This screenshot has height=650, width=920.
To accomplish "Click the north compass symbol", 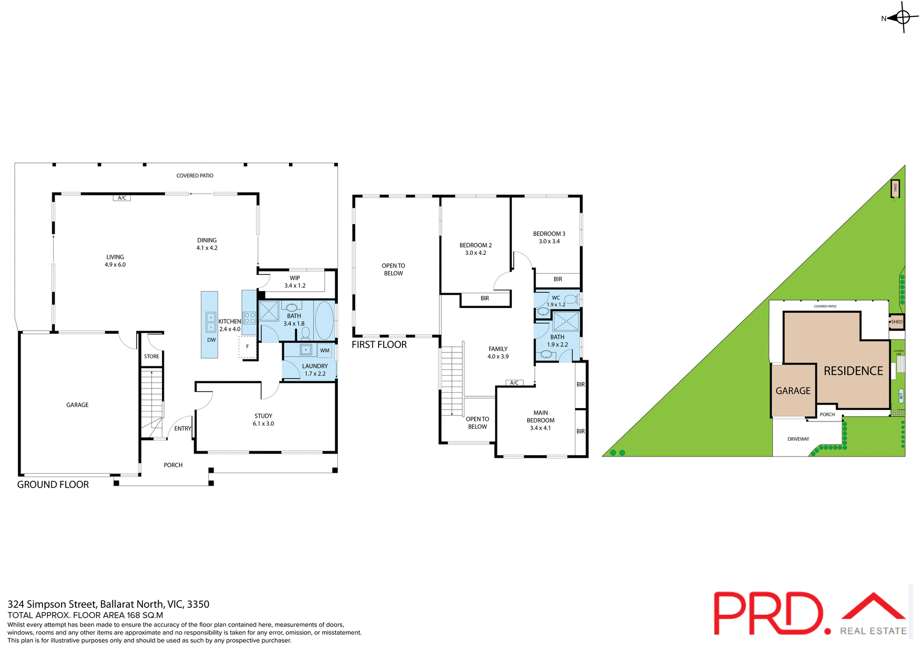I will (x=902, y=18).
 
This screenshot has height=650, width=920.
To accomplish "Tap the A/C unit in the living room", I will (x=122, y=198).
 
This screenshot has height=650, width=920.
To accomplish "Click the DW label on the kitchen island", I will (x=211, y=340).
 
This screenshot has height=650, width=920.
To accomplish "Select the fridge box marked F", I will (x=248, y=346).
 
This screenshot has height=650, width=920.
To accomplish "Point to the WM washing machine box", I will (x=325, y=351).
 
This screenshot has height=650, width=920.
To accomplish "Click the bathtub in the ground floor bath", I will (x=324, y=320).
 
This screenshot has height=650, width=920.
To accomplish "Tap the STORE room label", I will (x=151, y=356).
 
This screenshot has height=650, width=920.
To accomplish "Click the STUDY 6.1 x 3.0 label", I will (x=264, y=420).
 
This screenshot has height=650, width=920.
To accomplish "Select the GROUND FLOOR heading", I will (x=53, y=485).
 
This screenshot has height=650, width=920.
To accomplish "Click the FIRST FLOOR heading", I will (x=379, y=344).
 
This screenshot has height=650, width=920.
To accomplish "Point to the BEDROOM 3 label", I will (x=549, y=238).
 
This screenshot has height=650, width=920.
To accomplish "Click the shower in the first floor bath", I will (x=566, y=321).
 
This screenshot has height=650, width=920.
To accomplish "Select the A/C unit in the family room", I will (x=514, y=383).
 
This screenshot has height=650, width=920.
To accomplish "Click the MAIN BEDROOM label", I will (x=540, y=420).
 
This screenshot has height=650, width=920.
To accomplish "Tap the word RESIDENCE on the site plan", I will (x=853, y=371).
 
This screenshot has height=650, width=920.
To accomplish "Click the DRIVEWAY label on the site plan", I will (x=798, y=439).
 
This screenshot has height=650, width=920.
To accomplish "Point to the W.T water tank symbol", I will (x=901, y=395).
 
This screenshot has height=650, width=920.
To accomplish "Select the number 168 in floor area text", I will (x=134, y=615).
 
